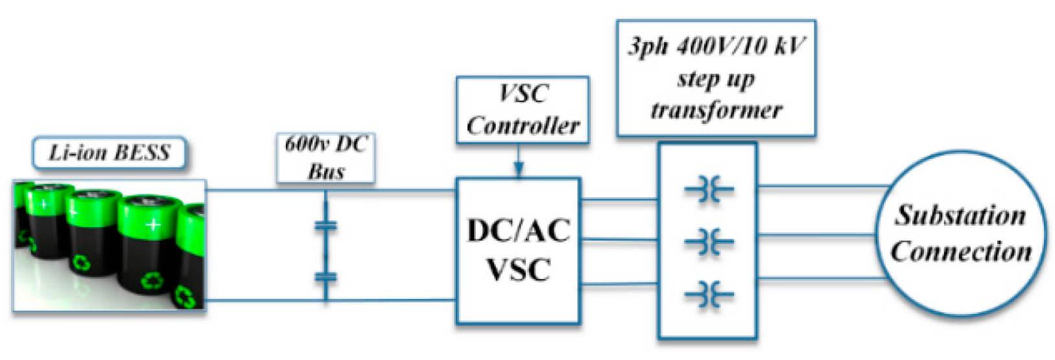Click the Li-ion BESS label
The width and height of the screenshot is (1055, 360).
[x=109, y=153]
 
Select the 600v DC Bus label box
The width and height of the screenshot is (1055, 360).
[x=326, y=157]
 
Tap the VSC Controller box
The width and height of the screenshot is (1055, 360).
[x=523, y=109]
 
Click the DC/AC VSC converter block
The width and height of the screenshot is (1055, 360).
[x=518, y=250]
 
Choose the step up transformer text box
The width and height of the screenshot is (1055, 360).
[x=716, y=78]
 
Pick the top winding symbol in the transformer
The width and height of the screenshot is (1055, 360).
[x=709, y=191]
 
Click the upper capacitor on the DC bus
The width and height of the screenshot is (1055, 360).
[x=326, y=226]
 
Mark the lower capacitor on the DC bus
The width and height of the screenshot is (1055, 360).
[x=326, y=278]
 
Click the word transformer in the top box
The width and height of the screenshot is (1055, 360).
[x=716, y=110]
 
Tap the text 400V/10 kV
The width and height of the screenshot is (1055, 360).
[x=739, y=47]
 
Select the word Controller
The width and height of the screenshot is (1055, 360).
[x=523, y=125]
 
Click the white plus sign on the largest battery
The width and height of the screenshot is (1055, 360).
[x=153, y=225]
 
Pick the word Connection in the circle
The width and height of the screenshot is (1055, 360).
[x=961, y=252]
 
